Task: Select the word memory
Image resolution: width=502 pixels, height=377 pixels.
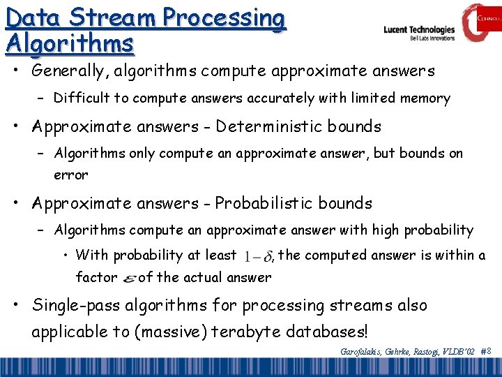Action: [x=425, y=99]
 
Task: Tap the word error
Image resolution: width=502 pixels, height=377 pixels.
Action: [x=71, y=175]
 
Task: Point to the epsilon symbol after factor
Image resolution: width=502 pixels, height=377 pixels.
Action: [x=129, y=279]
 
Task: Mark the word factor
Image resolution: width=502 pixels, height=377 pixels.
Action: [x=96, y=277]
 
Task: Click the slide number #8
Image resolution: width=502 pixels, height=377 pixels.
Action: [x=487, y=351]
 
